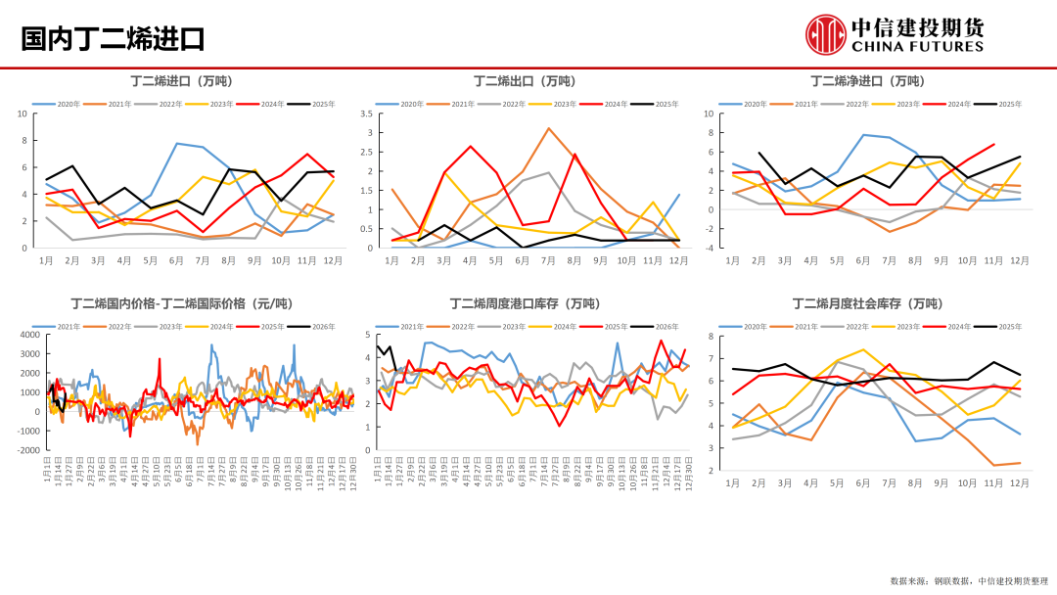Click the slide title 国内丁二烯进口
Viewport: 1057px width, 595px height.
pos(113,39)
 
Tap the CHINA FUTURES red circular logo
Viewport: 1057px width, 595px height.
pos(825,34)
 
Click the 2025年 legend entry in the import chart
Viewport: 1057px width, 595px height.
pos(318,104)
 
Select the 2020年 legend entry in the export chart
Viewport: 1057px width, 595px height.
pos(406,104)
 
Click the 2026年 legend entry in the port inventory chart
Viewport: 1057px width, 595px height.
pos(661,326)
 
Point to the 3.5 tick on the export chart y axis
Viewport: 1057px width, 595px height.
pos(367,114)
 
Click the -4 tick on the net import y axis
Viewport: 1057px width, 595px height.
pos(710,248)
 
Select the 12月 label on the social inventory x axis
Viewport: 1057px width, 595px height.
pos(1019,483)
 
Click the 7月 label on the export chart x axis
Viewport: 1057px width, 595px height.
pos(548,261)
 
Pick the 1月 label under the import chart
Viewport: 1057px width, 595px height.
pos(46,261)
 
